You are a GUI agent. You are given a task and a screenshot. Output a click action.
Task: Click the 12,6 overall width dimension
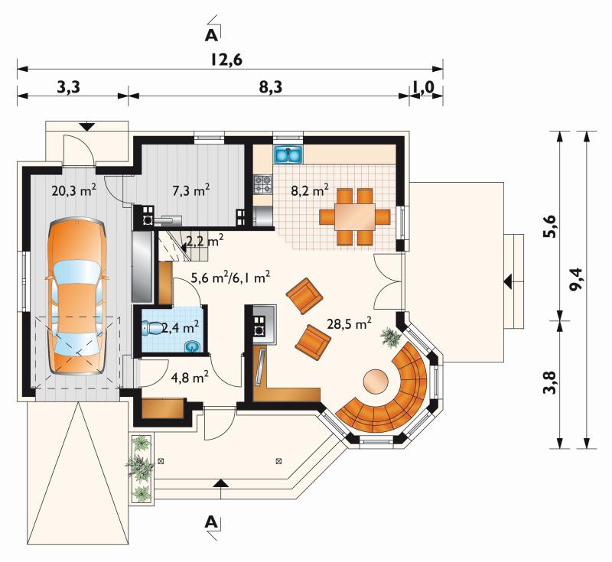(x=226, y=60)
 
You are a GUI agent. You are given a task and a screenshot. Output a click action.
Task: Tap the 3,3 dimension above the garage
(x=69, y=87)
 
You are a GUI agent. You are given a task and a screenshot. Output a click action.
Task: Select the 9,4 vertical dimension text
(x=576, y=278)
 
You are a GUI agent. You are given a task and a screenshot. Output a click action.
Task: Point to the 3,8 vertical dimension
(x=549, y=382)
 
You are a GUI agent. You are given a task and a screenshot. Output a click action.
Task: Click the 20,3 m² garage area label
(x=74, y=190)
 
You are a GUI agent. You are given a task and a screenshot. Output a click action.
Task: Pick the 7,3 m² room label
(x=191, y=190)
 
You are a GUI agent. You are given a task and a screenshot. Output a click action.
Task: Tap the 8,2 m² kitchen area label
(x=310, y=190)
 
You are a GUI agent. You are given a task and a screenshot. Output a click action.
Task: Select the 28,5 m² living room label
(x=350, y=323)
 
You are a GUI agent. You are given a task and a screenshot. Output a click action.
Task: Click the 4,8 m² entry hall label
(x=190, y=377)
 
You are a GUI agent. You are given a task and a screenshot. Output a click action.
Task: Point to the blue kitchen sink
(x=289, y=154)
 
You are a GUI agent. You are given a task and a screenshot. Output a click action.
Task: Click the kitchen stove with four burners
(x=262, y=184)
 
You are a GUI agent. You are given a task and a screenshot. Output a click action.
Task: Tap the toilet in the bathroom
(x=153, y=328)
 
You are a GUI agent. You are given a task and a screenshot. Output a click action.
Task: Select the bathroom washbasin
(x=192, y=346)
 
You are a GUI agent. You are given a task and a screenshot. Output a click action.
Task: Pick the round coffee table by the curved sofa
(x=376, y=382)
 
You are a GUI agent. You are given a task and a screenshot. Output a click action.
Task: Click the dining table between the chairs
(x=355, y=217)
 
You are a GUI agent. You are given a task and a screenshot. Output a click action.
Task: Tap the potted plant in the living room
(x=391, y=336)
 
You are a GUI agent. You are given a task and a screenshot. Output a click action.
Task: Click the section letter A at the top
(x=211, y=35)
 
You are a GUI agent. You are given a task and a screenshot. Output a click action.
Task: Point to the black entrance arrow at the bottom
(x=221, y=483)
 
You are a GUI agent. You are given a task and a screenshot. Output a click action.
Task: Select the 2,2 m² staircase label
(x=204, y=242)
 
